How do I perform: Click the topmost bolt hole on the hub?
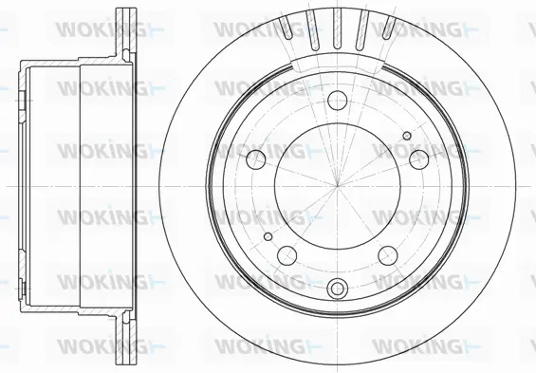pyautogui.click(x=338, y=100)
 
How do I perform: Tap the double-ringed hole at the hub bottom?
pyautogui.click(x=338, y=289)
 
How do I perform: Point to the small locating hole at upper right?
pyautogui.click(x=408, y=136)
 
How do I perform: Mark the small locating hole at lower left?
pyautogui.click(x=268, y=236)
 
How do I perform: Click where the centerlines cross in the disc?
pyautogui.click(x=338, y=186)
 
